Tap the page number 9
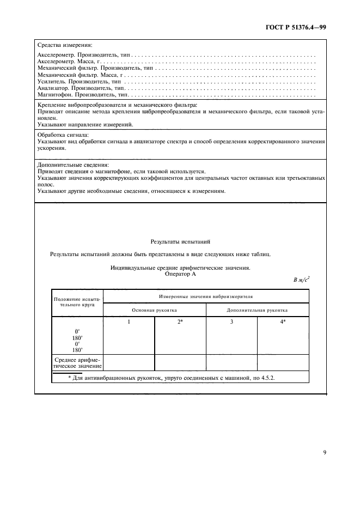point(324,451)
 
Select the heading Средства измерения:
point(64,45)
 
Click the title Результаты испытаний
point(180,241)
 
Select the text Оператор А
point(180,275)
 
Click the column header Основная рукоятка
point(155,309)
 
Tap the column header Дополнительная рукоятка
point(258,309)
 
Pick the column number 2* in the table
point(180,323)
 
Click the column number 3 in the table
point(231,323)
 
